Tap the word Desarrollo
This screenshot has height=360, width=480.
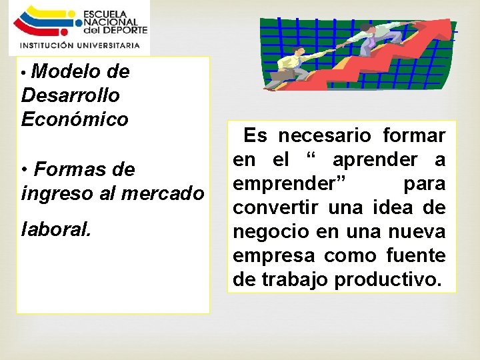click(71, 95)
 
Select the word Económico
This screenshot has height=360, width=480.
click(75, 119)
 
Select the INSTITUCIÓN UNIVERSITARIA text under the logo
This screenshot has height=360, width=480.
click(80, 45)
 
